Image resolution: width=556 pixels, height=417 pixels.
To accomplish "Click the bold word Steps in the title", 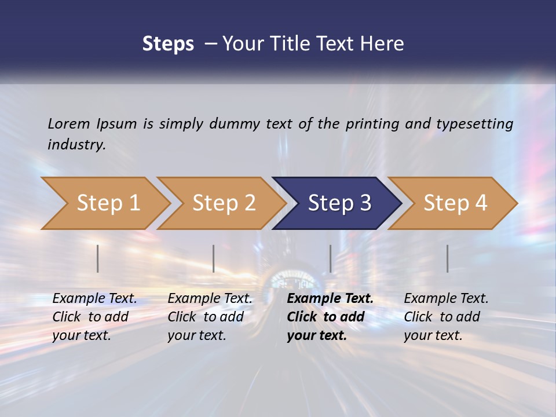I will (168, 44).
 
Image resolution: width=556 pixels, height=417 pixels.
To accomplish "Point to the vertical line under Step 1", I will (98, 258).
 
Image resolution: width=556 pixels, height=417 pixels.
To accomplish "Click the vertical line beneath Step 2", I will (214, 258).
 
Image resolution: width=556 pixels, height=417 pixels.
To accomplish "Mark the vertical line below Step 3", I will (331, 258).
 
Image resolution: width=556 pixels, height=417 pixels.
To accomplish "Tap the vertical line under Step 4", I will (448, 258).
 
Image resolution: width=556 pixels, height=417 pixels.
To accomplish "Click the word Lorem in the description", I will (69, 123).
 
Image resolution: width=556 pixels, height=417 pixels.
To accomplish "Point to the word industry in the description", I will (76, 145).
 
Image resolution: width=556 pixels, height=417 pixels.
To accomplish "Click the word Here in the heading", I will (383, 44).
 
